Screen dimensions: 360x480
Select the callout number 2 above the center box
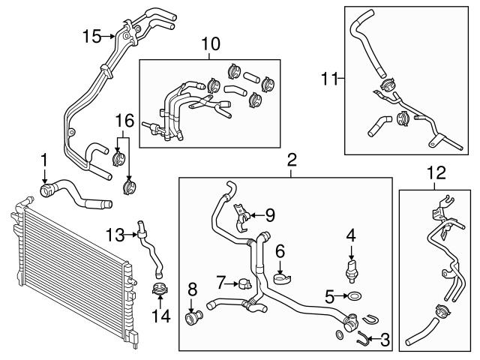(x=292, y=159)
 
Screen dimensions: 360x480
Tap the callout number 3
(x=385, y=340)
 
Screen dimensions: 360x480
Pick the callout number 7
(x=220, y=283)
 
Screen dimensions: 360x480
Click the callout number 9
(x=269, y=214)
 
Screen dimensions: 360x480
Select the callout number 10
(x=211, y=44)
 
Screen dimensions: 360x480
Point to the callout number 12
(x=436, y=174)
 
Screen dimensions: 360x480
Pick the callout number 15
(x=91, y=34)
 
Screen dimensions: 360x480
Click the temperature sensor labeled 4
(x=350, y=268)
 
